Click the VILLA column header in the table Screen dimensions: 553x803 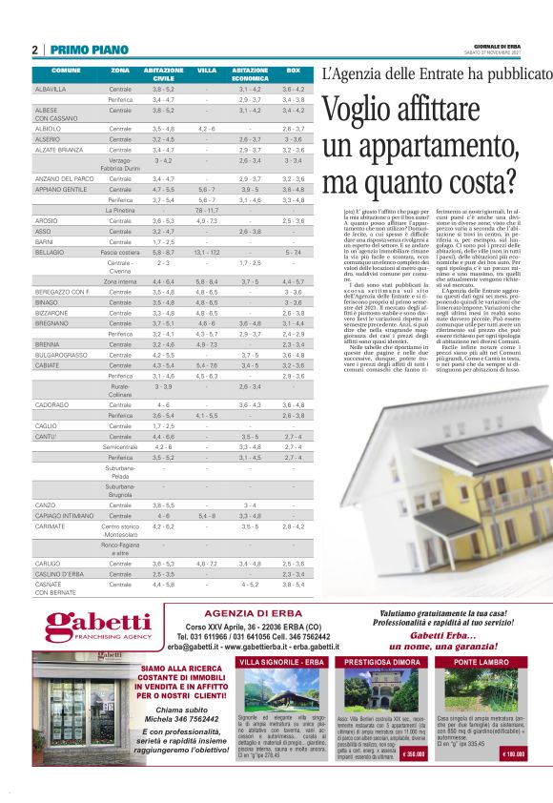207,71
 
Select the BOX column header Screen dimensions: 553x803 294,71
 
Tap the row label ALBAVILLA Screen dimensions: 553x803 51,89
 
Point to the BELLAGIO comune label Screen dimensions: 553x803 50,252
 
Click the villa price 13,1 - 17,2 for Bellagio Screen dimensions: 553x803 207,252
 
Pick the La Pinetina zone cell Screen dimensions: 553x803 120,210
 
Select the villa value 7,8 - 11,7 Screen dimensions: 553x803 207,210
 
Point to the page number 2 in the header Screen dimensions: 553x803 35,50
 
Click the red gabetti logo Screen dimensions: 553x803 98,625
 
